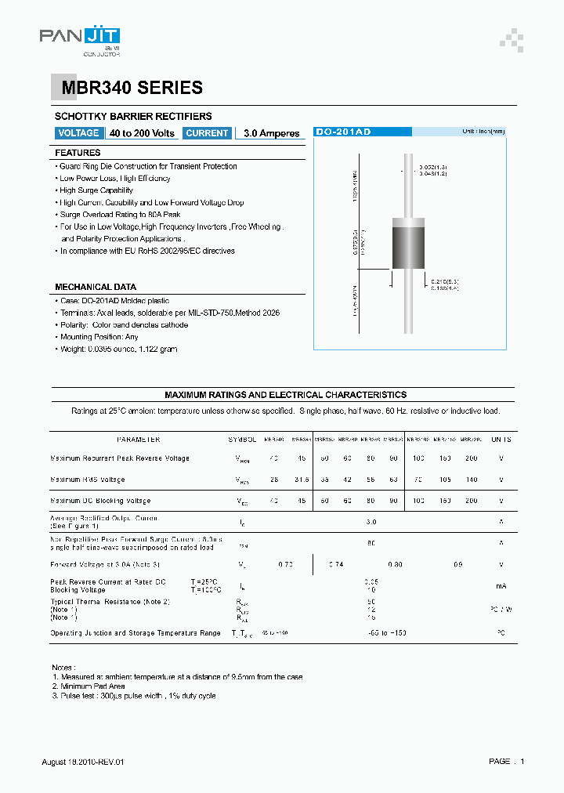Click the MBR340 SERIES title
[127, 89]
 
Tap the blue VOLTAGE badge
[78, 133]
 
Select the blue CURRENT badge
[207, 133]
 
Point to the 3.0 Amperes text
[271, 134]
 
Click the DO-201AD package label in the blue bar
[342, 132]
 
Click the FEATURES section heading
[78, 153]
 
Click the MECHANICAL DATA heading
[95, 287]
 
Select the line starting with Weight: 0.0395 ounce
[118, 349]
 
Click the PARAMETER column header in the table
[138, 440]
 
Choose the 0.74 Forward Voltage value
[336, 563]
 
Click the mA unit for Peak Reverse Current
[501, 585]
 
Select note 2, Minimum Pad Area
[89, 686]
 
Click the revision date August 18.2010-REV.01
[82, 762]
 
